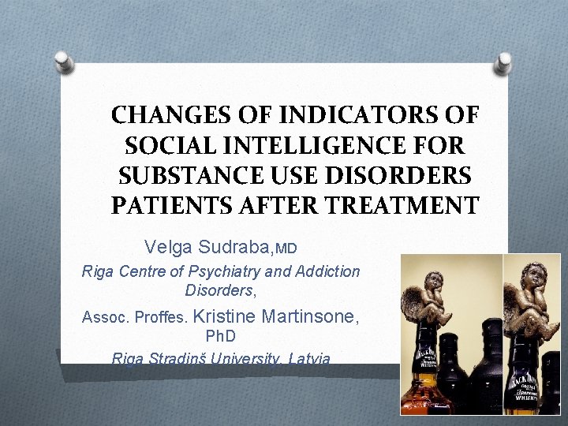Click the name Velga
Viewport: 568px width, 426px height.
pyautogui.click(x=165, y=248)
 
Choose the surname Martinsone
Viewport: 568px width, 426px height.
pyautogui.click(x=310, y=317)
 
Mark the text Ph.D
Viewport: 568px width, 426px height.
pyautogui.click(x=222, y=337)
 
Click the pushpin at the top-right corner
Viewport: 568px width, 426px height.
pyautogui.click(x=503, y=62)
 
